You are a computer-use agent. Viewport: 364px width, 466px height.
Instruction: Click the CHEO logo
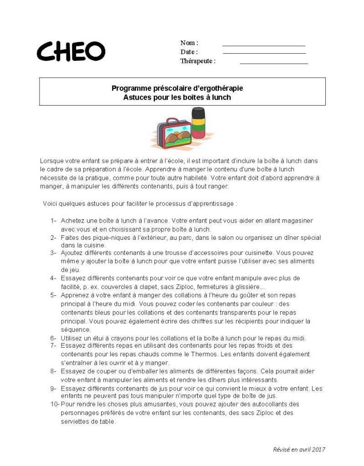(x=71, y=51)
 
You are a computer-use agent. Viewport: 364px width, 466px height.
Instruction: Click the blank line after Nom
(x=263, y=46)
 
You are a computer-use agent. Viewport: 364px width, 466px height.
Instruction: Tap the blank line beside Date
(x=264, y=53)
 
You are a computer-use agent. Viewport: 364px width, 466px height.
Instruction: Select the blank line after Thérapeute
(x=273, y=63)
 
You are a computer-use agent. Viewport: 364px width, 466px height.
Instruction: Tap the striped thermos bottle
(x=198, y=125)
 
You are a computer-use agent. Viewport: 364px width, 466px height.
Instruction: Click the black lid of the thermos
(x=198, y=112)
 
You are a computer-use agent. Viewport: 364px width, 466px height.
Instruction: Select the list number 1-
(x=53, y=221)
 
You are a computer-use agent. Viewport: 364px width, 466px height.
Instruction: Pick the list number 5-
(x=53, y=295)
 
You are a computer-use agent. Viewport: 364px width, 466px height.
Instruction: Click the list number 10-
(x=55, y=404)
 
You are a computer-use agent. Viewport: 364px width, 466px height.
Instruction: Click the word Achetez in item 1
(x=73, y=221)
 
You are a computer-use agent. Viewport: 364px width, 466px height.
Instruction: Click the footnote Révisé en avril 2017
(x=299, y=450)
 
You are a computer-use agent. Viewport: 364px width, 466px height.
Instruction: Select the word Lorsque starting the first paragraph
(x=52, y=161)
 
